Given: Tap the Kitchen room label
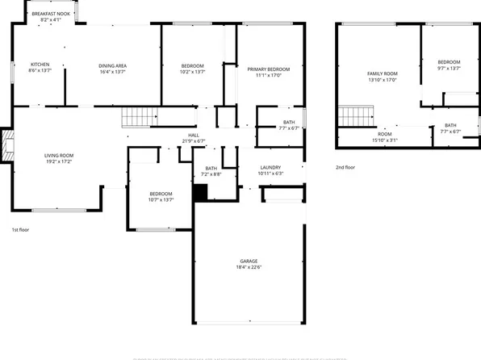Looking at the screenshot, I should [x=40, y=65].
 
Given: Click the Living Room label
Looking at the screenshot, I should [x=59, y=155].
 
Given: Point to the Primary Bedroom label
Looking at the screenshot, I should [x=269, y=70].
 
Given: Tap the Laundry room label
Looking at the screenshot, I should [x=270, y=167].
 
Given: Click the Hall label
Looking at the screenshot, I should [x=194, y=135].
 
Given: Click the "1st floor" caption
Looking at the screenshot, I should [x=21, y=230].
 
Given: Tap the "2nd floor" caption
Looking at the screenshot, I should [x=346, y=168].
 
